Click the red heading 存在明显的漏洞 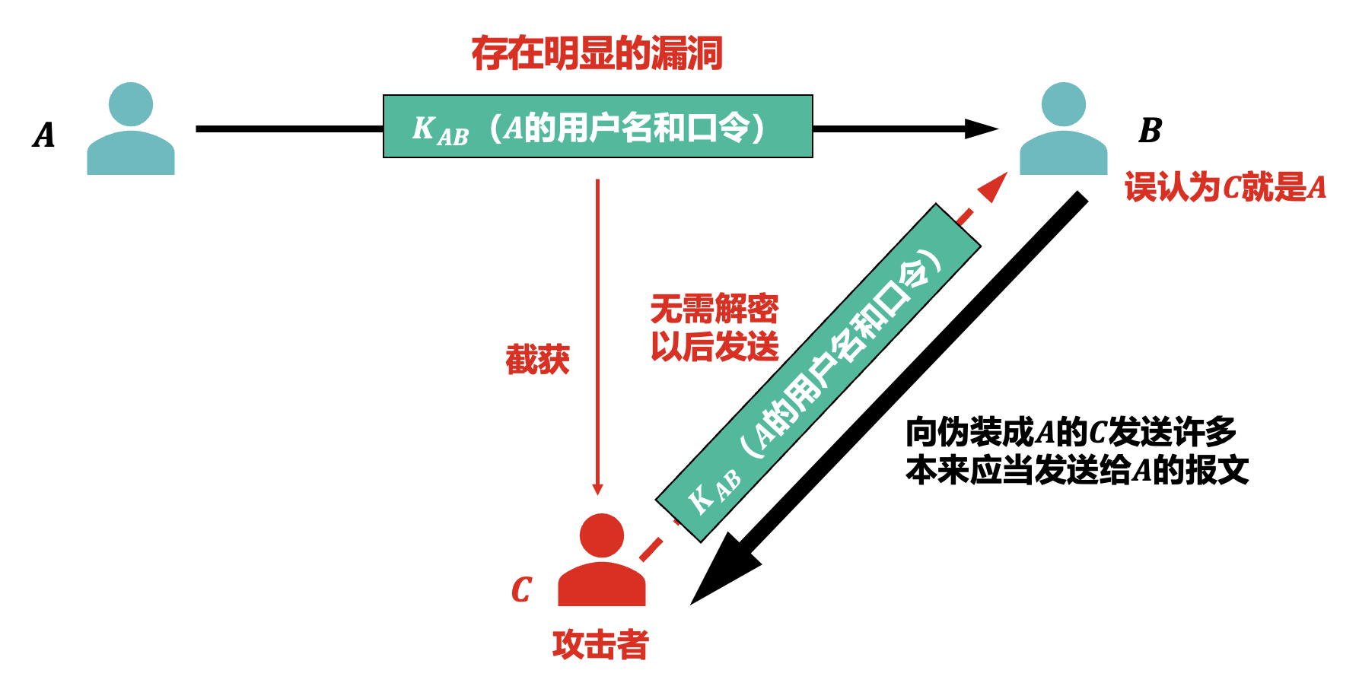[x=597, y=54]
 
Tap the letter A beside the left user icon [x=44, y=135]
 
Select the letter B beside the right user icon [x=1150, y=131]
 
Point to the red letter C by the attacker [x=521, y=589]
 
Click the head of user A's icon [x=130, y=104]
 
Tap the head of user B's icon [x=1063, y=104]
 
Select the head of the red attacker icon [x=601, y=535]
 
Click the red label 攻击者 [x=600, y=645]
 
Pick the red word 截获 [x=537, y=360]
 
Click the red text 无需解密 [x=714, y=310]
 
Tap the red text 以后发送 [x=714, y=348]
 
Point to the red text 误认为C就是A [x=1225, y=187]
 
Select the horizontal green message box [x=597, y=126]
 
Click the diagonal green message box [x=818, y=373]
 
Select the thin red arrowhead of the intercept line [x=597, y=489]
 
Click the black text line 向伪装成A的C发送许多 [x=1071, y=433]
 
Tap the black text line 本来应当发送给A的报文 [x=1077, y=471]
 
